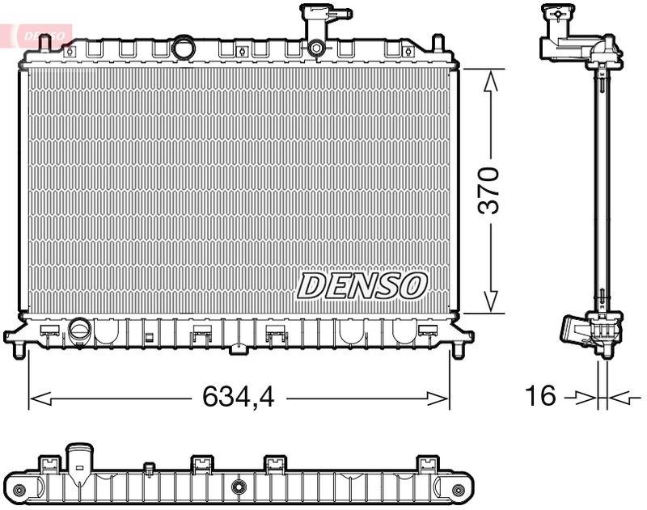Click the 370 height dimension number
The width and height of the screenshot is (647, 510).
coord(490,191)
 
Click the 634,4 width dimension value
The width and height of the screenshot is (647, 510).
coord(239,396)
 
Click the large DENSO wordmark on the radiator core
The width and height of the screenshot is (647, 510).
coord(362,285)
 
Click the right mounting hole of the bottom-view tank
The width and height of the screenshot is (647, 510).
coord(459,487)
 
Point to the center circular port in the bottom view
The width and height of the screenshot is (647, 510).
coord(239,487)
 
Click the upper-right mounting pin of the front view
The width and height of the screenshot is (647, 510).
coord(438,42)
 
